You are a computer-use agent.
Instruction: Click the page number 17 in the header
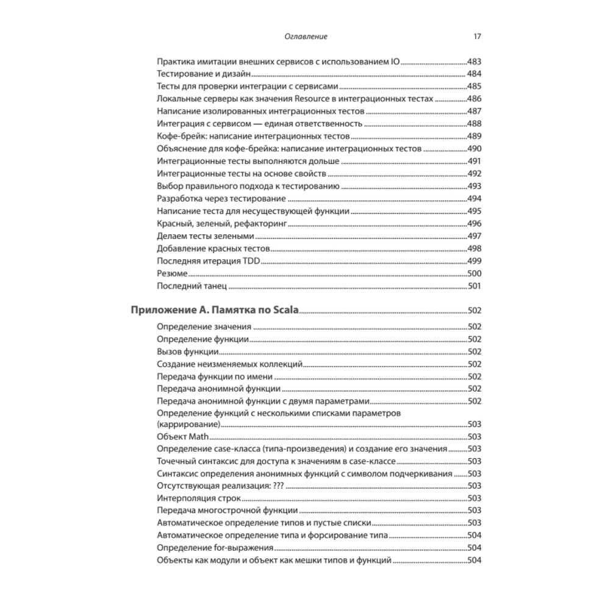pyautogui.click(x=478, y=37)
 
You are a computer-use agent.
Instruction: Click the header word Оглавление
pyautogui.click(x=306, y=37)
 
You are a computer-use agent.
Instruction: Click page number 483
pyautogui.click(x=474, y=62)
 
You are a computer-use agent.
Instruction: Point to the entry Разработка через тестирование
pyautogui.click(x=221, y=199)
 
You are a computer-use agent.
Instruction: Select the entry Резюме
pyautogui.click(x=172, y=273)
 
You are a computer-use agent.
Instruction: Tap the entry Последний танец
pyautogui.click(x=192, y=286)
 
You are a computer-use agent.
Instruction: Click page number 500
pyautogui.click(x=474, y=273)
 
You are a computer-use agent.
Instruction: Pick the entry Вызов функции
pyautogui.click(x=187, y=351)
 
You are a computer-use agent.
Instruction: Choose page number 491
pyautogui.click(x=474, y=161)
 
